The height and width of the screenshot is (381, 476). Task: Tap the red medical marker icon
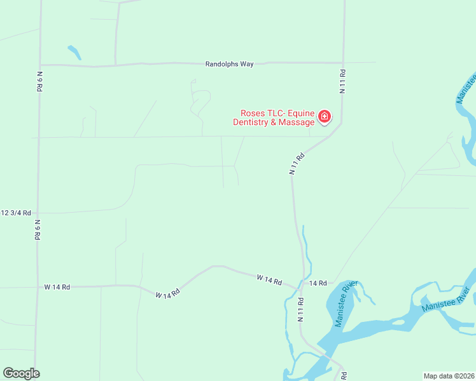(325, 116)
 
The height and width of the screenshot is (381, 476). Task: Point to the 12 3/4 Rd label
(16, 213)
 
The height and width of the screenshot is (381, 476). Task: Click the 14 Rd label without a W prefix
(318, 283)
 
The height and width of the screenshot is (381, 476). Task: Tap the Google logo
(21, 373)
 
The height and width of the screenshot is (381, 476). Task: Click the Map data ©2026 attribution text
(449, 375)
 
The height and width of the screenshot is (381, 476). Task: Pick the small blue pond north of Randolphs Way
(74, 52)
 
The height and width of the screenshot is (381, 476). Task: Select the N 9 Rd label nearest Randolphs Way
(39, 82)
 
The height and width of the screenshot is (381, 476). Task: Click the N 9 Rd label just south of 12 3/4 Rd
(38, 229)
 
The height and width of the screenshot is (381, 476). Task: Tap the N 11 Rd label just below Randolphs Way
(342, 81)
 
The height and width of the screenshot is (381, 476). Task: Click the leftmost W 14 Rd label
(57, 287)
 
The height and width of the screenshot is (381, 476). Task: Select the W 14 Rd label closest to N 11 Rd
(269, 279)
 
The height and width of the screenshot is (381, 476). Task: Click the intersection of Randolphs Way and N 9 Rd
(40, 65)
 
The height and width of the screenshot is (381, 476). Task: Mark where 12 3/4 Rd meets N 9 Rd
(38, 213)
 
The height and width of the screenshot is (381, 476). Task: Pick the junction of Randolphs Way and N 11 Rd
(344, 63)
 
